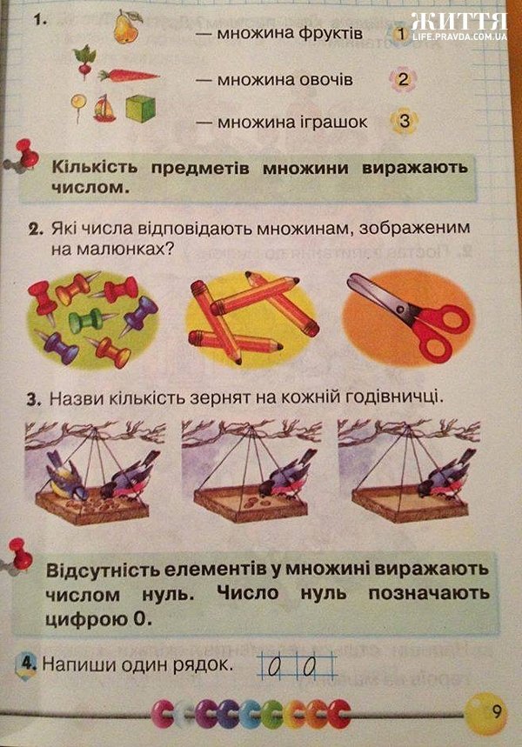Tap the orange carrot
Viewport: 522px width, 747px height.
pos(129,76)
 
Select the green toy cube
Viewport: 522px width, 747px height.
pos(141,109)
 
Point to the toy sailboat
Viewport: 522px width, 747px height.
pos(104,109)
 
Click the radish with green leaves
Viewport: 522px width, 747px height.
pos(84,62)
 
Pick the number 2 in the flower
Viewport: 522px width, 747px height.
pos(404,78)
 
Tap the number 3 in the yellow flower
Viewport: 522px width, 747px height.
pos(405,121)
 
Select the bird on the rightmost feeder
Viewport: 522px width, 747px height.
pos(445,477)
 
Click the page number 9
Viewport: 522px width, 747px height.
pos(496,713)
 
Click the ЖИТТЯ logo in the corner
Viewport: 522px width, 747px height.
pos(458,22)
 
